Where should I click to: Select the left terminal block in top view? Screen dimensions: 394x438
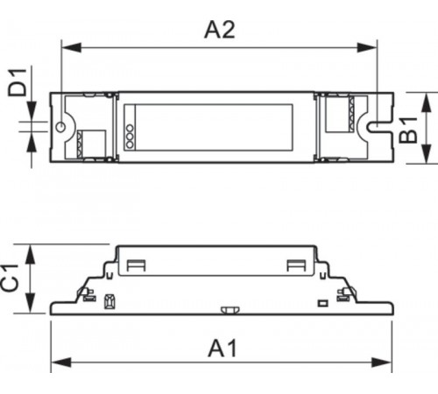point(89,140)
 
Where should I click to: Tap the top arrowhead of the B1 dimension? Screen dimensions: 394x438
point(426,95)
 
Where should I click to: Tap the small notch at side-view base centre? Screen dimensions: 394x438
point(230,309)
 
